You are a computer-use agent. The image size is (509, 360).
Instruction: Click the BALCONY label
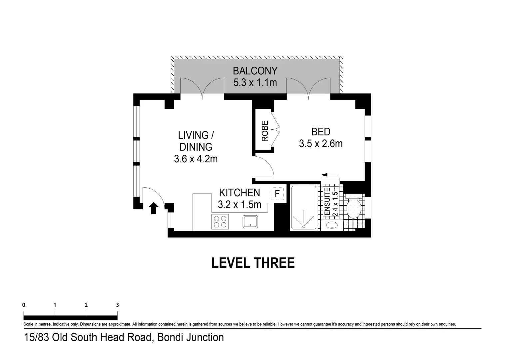pyautogui.click(x=255, y=71)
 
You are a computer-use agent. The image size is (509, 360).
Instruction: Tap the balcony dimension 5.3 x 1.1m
pyautogui.click(x=255, y=82)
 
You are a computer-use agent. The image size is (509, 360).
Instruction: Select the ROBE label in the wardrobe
pyautogui.click(x=265, y=131)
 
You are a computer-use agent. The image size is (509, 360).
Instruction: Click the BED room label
pyautogui.click(x=320, y=132)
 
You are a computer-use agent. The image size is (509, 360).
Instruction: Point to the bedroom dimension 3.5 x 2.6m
pyautogui.click(x=320, y=144)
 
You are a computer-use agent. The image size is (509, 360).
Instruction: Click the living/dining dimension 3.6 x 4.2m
pyautogui.click(x=196, y=159)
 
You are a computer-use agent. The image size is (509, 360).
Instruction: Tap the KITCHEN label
pyautogui.click(x=239, y=193)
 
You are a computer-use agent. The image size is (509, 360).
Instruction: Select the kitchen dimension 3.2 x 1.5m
pyautogui.click(x=239, y=204)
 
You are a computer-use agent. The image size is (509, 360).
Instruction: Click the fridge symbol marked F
pyautogui.click(x=277, y=194)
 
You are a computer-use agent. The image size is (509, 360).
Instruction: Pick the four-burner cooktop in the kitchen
pyautogui.click(x=220, y=222)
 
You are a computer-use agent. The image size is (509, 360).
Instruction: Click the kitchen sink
pyautogui.click(x=250, y=222)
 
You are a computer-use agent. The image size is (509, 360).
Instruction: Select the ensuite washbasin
pyautogui.click(x=332, y=225)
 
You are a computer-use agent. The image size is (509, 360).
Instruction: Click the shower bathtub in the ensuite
pyautogui.click(x=304, y=208)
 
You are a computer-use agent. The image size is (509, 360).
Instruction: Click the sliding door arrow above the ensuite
pyautogui.click(x=329, y=174)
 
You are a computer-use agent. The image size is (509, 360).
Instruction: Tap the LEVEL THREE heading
pyautogui.click(x=253, y=263)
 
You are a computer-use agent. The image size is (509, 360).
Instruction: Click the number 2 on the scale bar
pyautogui.click(x=86, y=305)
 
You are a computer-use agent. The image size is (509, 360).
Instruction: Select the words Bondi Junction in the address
pyautogui.click(x=190, y=337)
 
